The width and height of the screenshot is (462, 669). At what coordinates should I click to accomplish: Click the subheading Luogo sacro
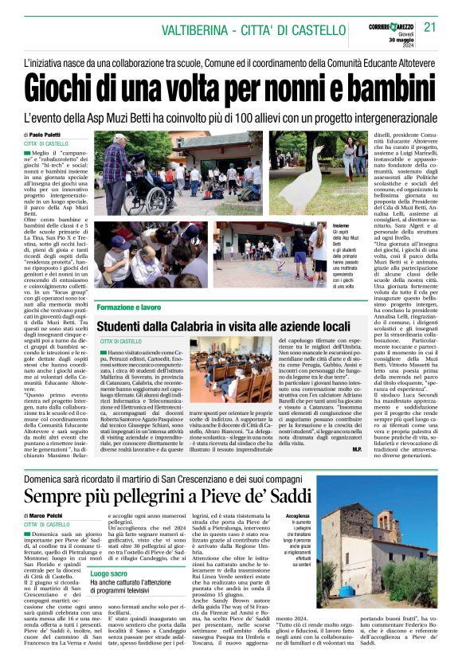[x=110, y=573]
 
